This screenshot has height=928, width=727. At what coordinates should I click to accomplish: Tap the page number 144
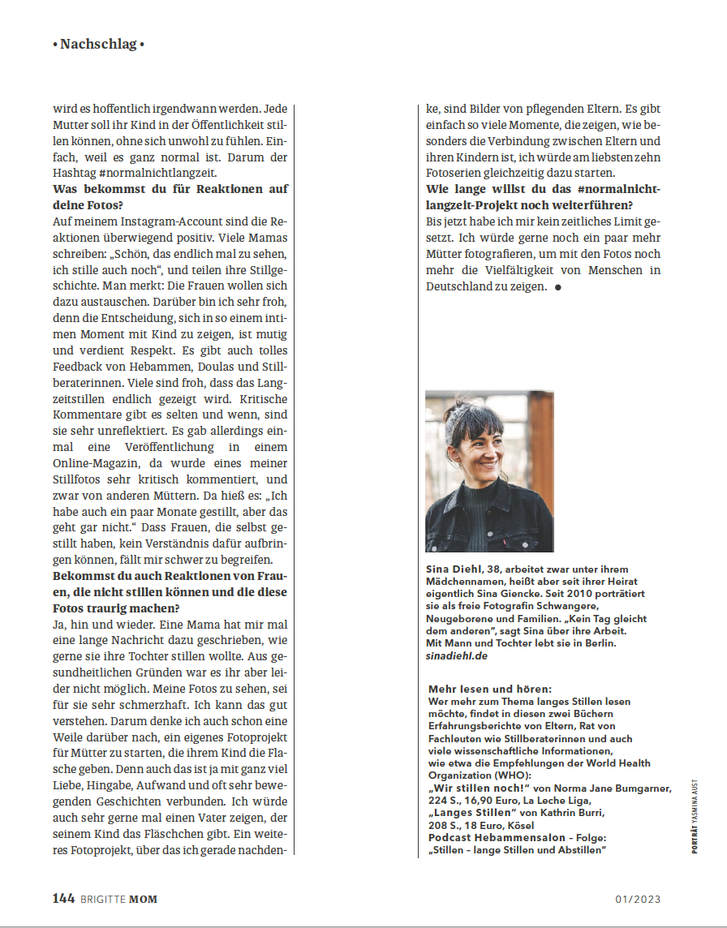click(x=63, y=898)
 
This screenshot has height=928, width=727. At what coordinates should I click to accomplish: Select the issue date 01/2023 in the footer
click(x=638, y=899)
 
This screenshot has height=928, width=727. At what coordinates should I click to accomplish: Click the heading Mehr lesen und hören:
click(x=490, y=688)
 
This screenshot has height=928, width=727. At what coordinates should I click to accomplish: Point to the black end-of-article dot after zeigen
click(x=557, y=287)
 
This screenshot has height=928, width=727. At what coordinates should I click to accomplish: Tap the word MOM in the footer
click(x=144, y=899)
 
